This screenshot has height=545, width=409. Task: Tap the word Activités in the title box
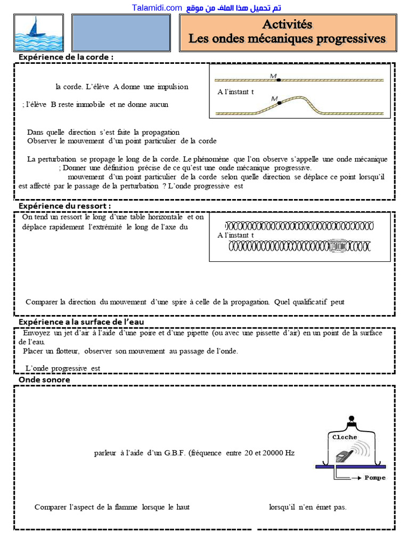coord(287,24)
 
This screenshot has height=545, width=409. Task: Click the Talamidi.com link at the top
coord(157,7)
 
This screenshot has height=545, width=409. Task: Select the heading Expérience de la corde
coord(66,57)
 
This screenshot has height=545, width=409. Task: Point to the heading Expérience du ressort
coord(65,206)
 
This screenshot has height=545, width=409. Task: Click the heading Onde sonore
coord(44,379)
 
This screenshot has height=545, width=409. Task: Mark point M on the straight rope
coord(279,79)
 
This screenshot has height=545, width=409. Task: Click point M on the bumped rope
coord(279,102)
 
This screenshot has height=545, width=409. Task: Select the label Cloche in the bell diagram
coord(345,437)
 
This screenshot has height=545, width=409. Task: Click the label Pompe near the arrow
coord(375,477)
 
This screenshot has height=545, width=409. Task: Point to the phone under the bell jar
coord(343,456)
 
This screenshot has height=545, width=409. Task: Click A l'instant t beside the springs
coord(236,235)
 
